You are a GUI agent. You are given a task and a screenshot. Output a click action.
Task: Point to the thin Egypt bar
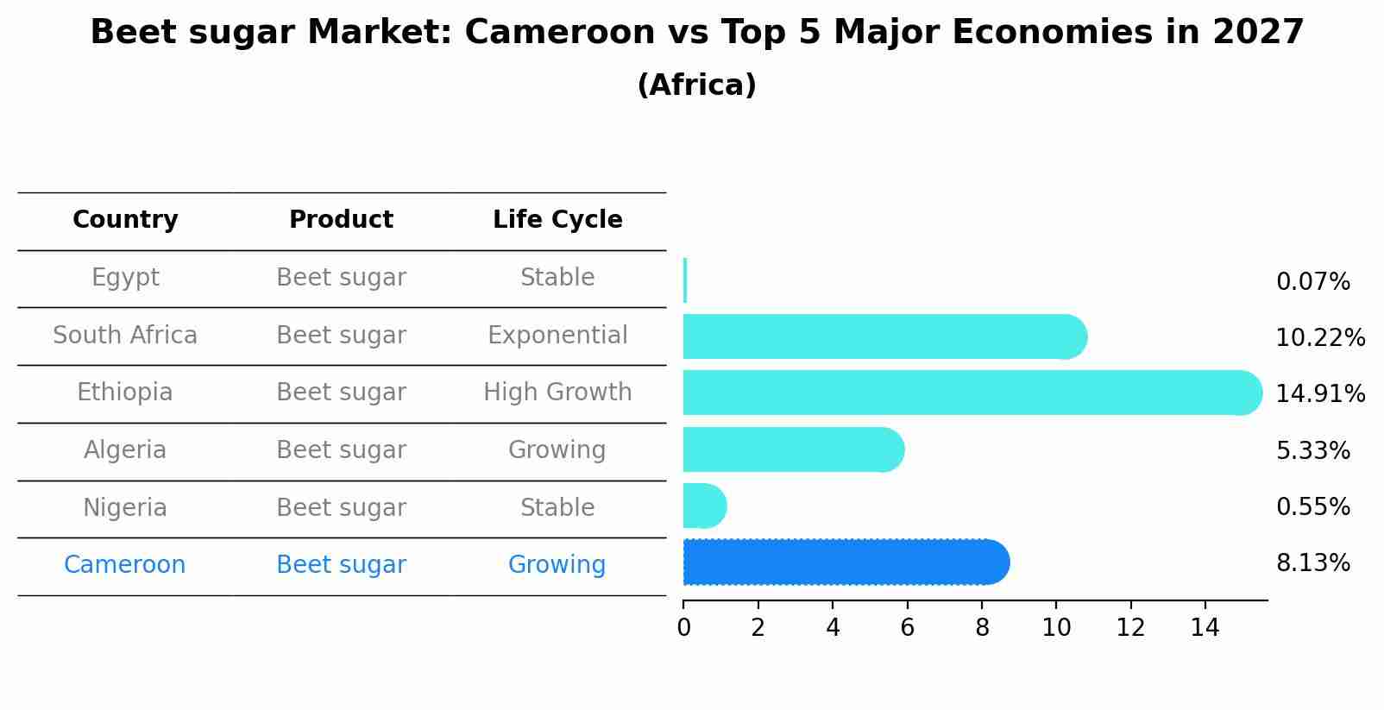pos(685,280)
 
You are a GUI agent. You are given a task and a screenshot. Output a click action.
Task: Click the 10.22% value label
pos(1319,338)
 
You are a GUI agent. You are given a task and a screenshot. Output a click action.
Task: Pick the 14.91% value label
pos(1319,394)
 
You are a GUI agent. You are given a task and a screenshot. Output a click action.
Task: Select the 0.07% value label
pos(1312,282)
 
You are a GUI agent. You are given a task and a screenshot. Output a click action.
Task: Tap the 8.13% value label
pos(1312,563)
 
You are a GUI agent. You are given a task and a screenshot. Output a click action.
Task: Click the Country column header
pos(125,220)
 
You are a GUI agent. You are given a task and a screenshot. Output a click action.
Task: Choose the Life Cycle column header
pos(557,220)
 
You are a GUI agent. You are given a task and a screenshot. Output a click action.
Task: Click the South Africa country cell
pos(125,336)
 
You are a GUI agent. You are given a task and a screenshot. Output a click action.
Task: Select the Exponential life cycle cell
pos(557,336)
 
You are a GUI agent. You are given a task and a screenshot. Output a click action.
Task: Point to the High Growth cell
pos(557,393)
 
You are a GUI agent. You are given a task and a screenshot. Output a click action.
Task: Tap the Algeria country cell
pos(125,450)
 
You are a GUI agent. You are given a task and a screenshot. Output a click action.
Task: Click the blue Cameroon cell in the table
pos(125,565)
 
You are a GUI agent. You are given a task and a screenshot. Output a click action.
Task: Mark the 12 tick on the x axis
pos(1130,628)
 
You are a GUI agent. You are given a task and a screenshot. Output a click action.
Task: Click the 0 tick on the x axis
pos(683,628)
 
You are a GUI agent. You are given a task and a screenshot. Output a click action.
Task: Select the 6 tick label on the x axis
pos(907,628)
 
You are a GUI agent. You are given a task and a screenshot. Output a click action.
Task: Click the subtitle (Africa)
pos(696,85)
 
